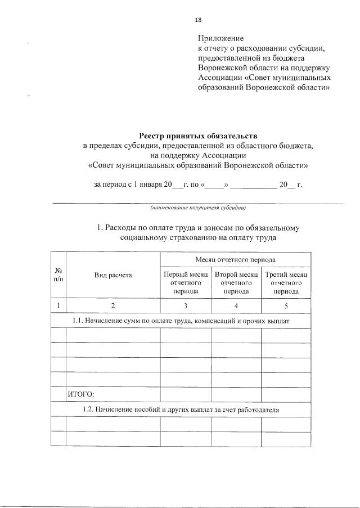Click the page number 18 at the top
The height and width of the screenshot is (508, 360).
(198, 20)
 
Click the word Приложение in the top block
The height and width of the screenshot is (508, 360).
(220, 39)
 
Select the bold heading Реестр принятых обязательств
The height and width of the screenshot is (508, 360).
(198, 136)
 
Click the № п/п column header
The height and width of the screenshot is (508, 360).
(58, 275)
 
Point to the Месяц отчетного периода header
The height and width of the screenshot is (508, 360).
(236, 260)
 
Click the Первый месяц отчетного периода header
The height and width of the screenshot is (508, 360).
(186, 283)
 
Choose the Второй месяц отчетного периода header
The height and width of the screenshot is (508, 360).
(236, 283)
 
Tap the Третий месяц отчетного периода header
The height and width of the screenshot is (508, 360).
(286, 283)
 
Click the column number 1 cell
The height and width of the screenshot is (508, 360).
(58, 305)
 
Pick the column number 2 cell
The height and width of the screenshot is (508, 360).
(113, 305)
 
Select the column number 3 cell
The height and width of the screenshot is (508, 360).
(186, 305)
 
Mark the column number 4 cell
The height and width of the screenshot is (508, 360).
(236, 305)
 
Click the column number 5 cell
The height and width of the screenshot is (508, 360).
(286, 305)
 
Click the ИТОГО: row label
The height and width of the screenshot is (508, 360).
(80, 394)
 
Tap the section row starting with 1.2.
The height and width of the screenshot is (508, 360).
(181, 409)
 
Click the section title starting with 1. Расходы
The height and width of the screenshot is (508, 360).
(198, 233)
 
